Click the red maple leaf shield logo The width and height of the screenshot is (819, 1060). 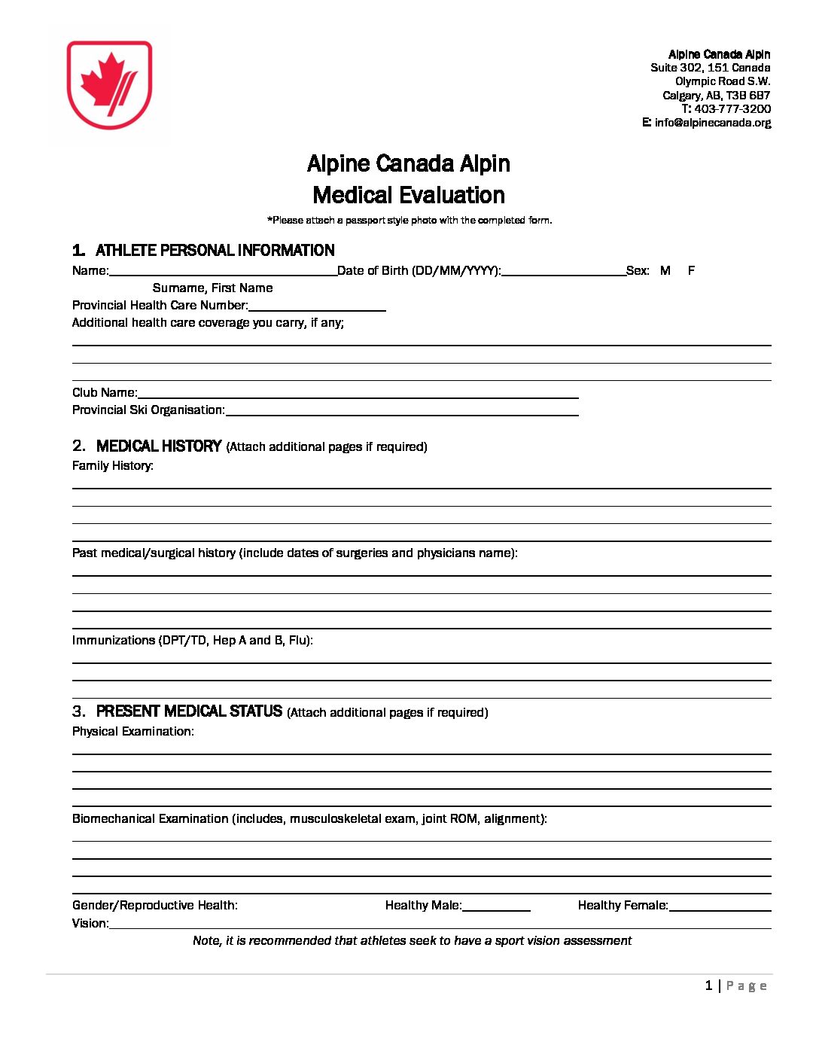(109, 84)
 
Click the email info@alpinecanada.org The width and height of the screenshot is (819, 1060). (712, 123)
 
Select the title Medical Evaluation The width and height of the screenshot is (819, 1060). (409, 195)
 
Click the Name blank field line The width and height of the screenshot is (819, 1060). (223, 272)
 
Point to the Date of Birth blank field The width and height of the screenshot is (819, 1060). (563, 272)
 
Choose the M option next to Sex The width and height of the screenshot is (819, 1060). (665, 270)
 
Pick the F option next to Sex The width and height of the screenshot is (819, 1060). (691, 270)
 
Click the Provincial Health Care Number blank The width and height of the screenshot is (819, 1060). (317, 306)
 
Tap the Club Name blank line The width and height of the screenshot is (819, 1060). (358, 394)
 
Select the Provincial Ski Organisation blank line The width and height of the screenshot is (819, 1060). (402, 411)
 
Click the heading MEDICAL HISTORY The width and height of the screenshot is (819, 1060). (159, 446)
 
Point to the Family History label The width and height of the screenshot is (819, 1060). (113, 466)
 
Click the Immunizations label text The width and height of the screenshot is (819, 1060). (192, 641)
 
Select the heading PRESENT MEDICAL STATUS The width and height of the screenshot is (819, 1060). (189, 711)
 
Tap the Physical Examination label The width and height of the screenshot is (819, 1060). (133, 732)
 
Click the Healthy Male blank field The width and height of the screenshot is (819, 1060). (496, 906)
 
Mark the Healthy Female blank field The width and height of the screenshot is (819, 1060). (720, 906)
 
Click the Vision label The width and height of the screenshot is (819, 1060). (90, 924)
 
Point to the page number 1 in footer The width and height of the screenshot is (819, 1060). (708, 986)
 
